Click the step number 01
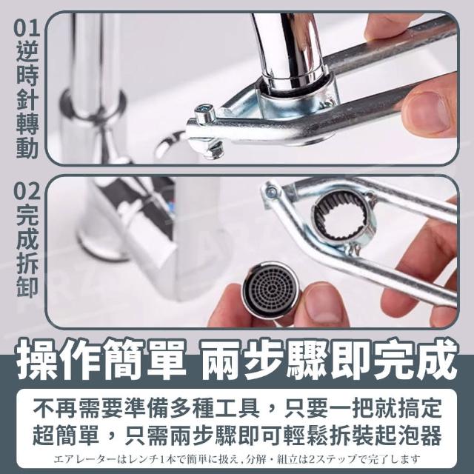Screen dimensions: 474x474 [x=27, y=28]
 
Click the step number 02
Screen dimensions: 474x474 [x=27, y=191]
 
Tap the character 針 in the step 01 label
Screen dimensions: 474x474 [x=27, y=99]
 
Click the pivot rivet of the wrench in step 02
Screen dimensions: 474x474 [x=272, y=191]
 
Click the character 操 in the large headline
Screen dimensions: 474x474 [x=38, y=359]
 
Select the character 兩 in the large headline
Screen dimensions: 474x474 [x=221, y=359]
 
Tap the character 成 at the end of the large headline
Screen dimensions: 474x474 [x=435, y=359]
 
